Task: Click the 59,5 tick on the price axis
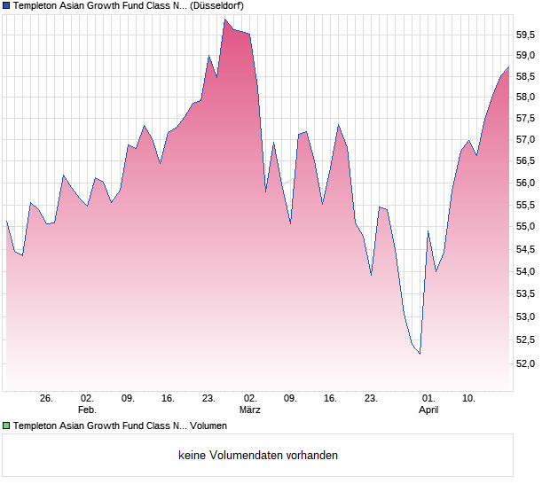pos(527,35)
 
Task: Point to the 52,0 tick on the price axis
pos(527,363)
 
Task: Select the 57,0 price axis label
pos(527,140)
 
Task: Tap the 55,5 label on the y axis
pos(527,206)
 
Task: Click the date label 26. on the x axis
pos(46,399)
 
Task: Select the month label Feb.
pos(87,410)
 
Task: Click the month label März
pos(249,410)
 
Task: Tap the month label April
pos(428,410)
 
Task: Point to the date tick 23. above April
pos(372,399)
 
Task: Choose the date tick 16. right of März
pos(331,399)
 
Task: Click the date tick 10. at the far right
pos(469,399)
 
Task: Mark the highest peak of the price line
pos(225,20)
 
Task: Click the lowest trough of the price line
pos(420,355)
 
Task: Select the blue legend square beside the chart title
pos(6,5)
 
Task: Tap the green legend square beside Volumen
pos(6,426)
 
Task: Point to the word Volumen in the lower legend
pos(208,426)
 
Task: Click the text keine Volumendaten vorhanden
pos(258,456)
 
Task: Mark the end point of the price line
pos(508,67)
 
